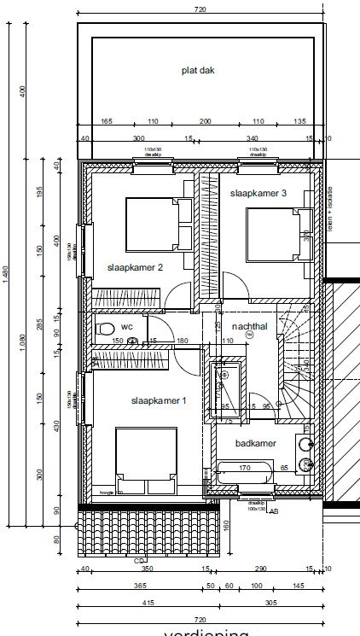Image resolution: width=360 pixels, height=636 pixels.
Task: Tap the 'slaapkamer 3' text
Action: pos(258,194)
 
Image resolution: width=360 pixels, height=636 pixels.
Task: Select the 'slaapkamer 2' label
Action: pos(135,267)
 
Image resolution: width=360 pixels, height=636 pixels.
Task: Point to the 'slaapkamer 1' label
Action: pos(158,400)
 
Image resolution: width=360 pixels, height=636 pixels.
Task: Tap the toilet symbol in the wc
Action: pos(107,329)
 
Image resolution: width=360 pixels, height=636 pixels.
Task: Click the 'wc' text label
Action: pos(127,327)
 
